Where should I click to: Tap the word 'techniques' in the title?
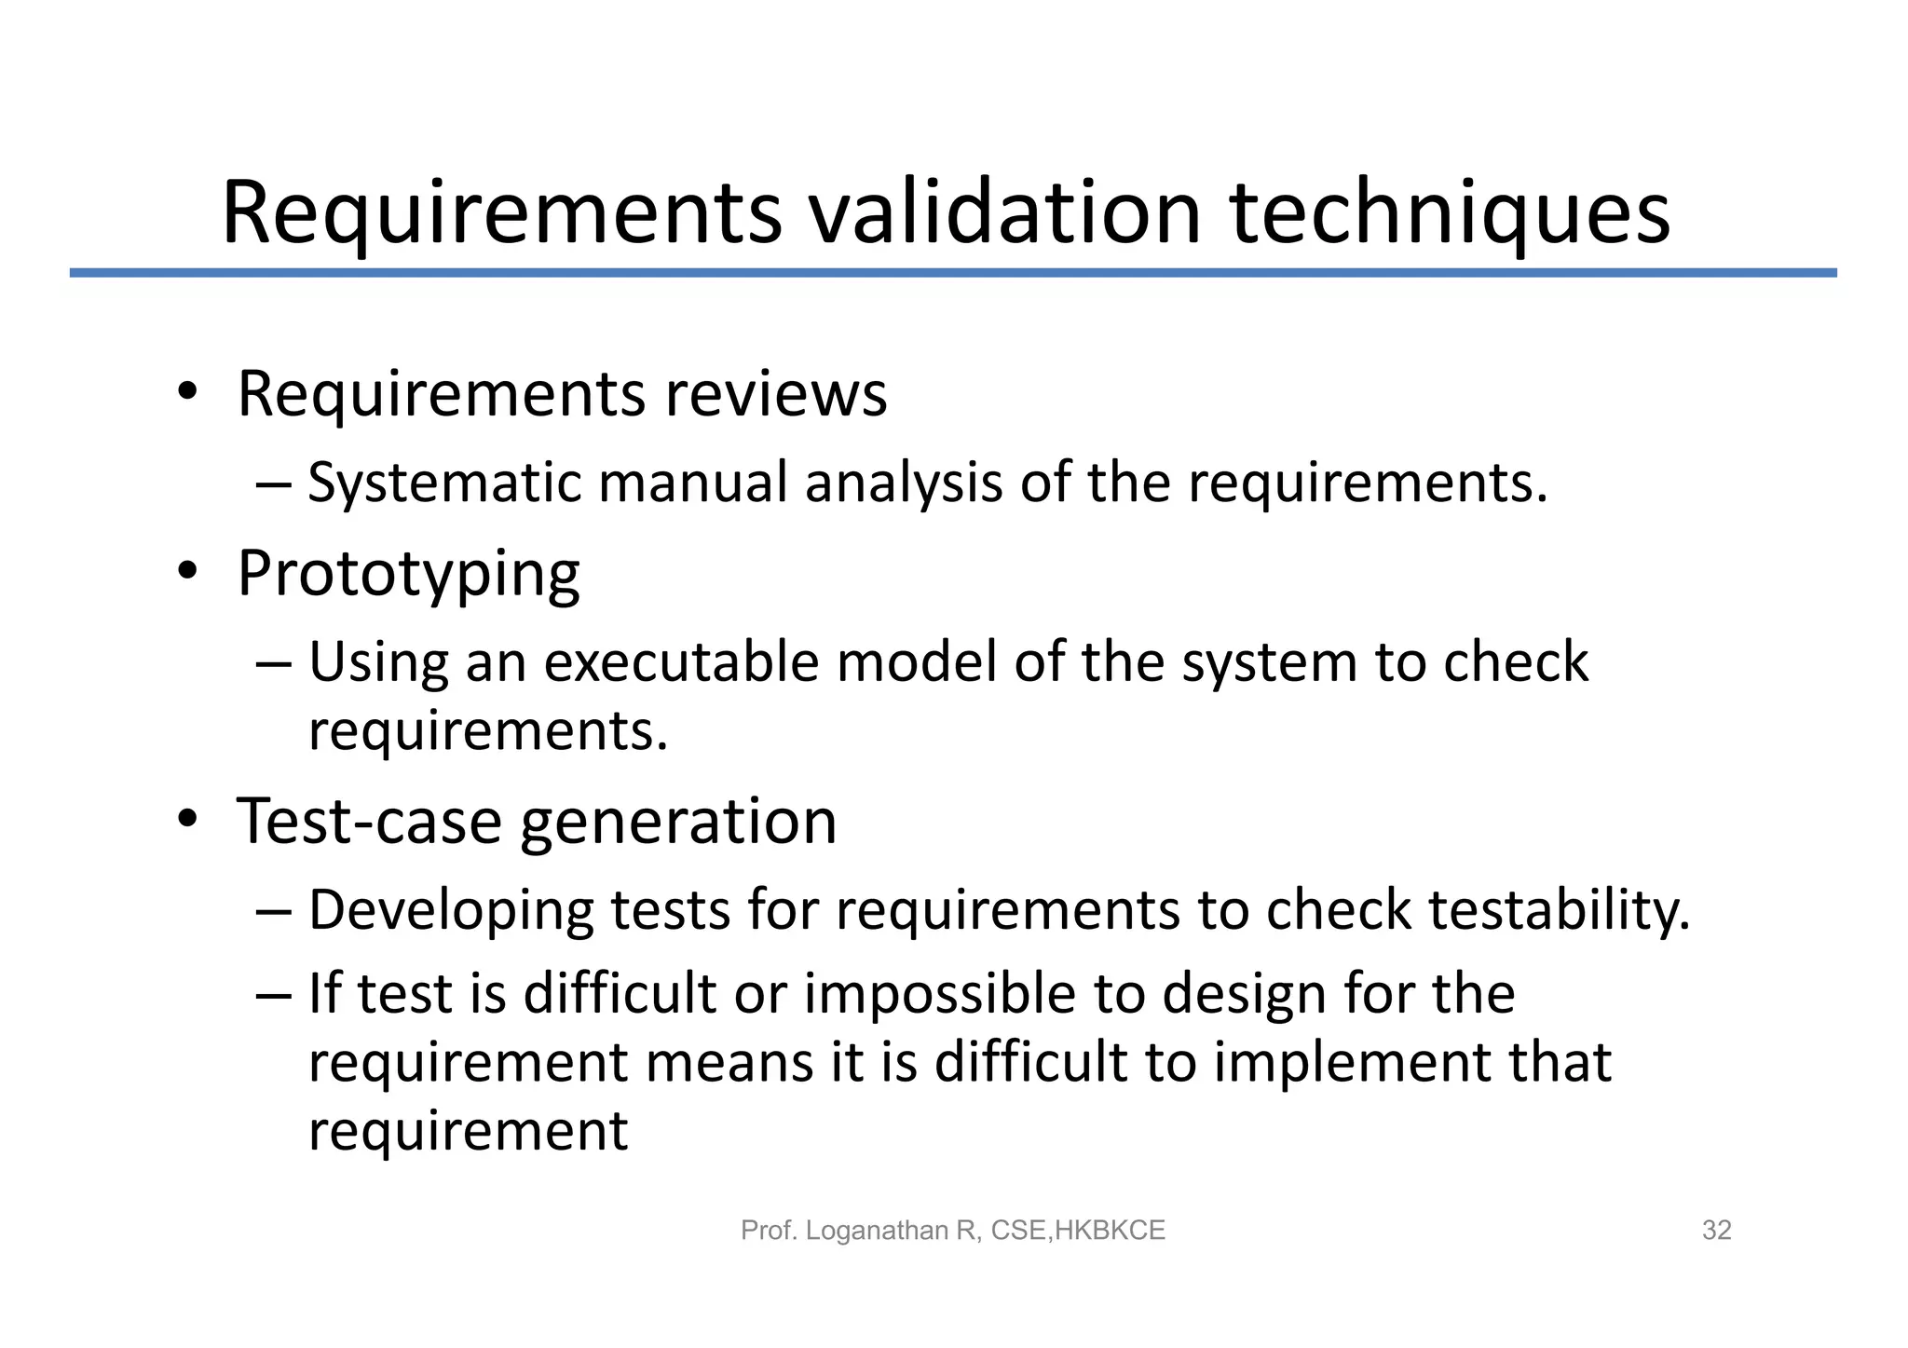click(1450, 215)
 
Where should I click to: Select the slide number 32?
click(1716, 1231)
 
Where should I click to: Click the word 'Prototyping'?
click(408, 574)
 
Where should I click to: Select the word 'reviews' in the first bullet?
click(776, 394)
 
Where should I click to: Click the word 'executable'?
click(681, 662)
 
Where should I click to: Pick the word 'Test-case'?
click(369, 822)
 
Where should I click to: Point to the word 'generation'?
click(678, 822)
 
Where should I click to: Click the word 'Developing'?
click(451, 910)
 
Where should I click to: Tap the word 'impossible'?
click(940, 993)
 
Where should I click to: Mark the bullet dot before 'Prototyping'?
click(188, 572)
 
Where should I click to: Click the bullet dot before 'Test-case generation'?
click(188, 820)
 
